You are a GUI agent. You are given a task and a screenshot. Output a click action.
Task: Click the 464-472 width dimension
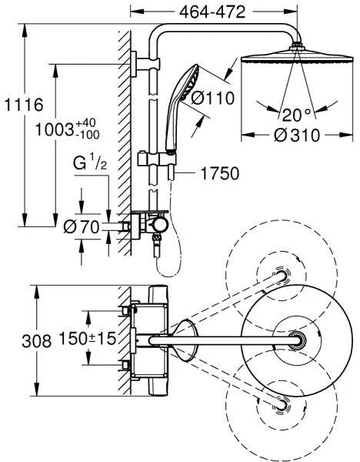[212, 12]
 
